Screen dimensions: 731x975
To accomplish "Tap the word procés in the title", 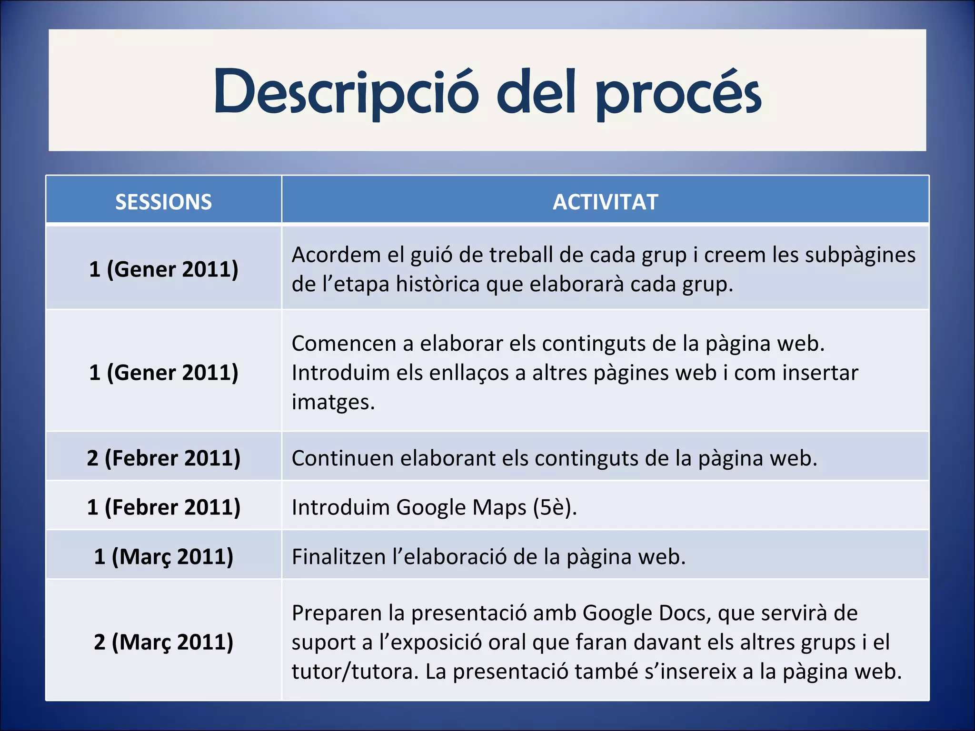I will (x=678, y=93).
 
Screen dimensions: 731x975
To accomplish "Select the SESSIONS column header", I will (x=163, y=202).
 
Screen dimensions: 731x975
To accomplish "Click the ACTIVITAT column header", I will (x=605, y=202).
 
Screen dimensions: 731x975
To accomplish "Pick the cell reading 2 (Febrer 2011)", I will (x=163, y=458).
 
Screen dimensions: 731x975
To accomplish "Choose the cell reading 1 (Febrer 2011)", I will (x=163, y=507).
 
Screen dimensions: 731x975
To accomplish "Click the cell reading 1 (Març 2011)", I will (x=163, y=556).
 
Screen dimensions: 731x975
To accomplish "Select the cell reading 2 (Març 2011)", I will (x=163, y=642).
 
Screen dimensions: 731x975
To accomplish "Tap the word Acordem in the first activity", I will (x=336, y=255).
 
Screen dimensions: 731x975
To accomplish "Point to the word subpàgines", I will (x=860, y=255).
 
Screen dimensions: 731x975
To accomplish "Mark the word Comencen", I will (x=344, y=344).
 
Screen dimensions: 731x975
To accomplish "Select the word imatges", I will (x=333, y=402).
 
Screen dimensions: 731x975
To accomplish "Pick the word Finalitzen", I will (x=338, y=557).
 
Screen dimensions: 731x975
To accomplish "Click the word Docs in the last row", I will (x=685, y=613).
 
